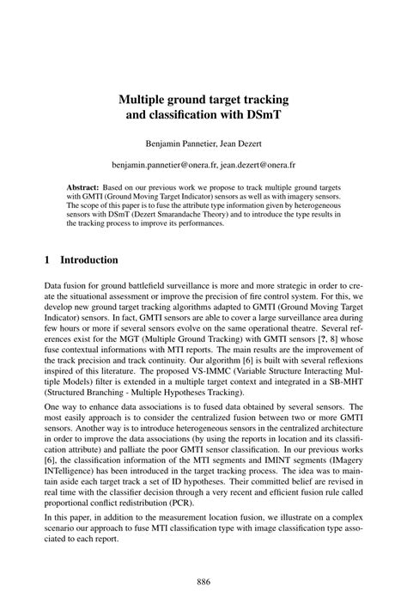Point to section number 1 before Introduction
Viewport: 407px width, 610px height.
pos(47,259)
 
